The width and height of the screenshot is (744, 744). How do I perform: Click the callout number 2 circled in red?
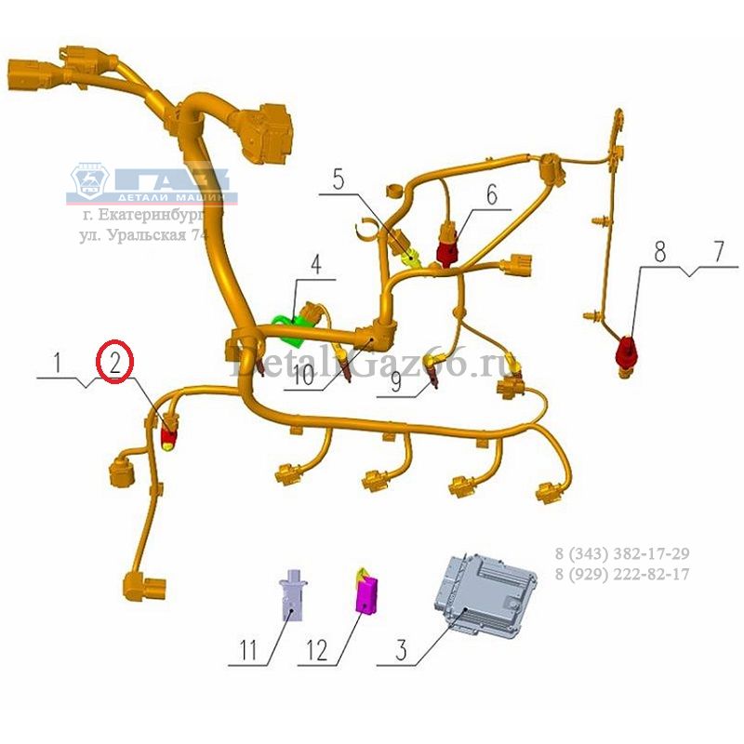[x=115, y=362]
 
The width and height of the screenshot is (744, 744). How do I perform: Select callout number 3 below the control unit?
[x=401, y=650]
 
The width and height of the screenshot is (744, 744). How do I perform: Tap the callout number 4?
[x=316, y=264]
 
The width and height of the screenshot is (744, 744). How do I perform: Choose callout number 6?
[x=491, y=194]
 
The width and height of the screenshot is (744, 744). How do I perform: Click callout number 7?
[x=718, y=250]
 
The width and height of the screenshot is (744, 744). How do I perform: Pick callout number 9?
[x=397, y=380]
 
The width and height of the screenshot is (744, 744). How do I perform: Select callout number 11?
[x=246, y=650]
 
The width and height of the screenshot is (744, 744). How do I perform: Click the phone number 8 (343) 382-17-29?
[x=622, y=555]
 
